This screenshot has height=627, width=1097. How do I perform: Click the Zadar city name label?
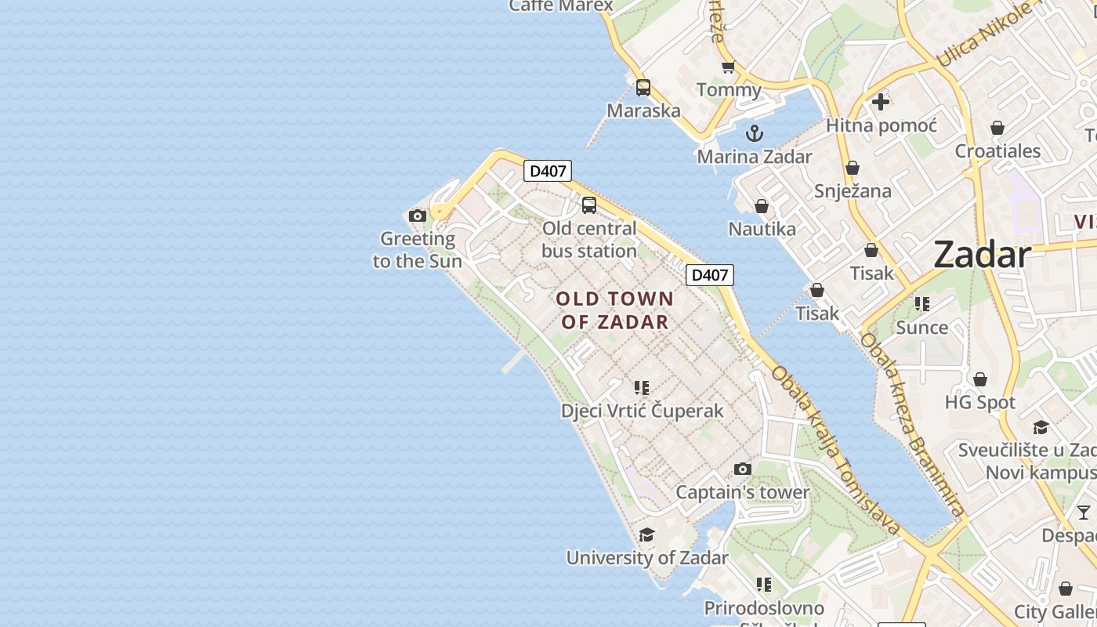click(x=982, y=256)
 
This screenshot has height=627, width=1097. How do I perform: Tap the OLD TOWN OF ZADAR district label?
click(x=615, y=310)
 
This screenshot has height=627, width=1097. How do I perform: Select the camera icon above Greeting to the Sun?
click(x=418, y=216)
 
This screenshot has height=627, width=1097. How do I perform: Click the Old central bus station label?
click(x=589, y=240)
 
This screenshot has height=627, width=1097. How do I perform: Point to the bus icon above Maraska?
click(x=643, y=88)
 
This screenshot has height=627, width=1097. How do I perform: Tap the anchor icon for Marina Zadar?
click(x=755, y=133)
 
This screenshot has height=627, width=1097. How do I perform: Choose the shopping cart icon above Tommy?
click(x=729, y=67)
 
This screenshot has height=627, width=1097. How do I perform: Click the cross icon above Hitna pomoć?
click(x=881, y=102)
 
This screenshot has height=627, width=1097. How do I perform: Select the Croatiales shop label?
click(x=997, y=151)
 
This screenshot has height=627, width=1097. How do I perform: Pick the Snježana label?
click(x=853, y=191)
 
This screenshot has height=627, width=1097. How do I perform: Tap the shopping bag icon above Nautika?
click(x=762, y=206)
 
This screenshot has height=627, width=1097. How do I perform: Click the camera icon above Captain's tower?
click(x=742, y=469)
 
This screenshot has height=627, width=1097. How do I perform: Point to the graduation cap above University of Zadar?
click(x=646, y=535)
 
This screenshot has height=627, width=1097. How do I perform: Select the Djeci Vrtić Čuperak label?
click(x=642, y=411)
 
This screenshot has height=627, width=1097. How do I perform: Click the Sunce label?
click(x=921, y=328)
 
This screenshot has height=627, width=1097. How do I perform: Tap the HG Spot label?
click(x=979, y=403)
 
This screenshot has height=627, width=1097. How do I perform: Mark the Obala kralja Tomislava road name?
click(x=835, y=450)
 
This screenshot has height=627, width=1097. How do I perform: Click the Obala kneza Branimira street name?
click(x=911, y=424)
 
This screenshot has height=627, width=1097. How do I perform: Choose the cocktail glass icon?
click(x=1084, y=513)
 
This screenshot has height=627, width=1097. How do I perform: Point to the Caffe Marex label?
click(x=560, y=6)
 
